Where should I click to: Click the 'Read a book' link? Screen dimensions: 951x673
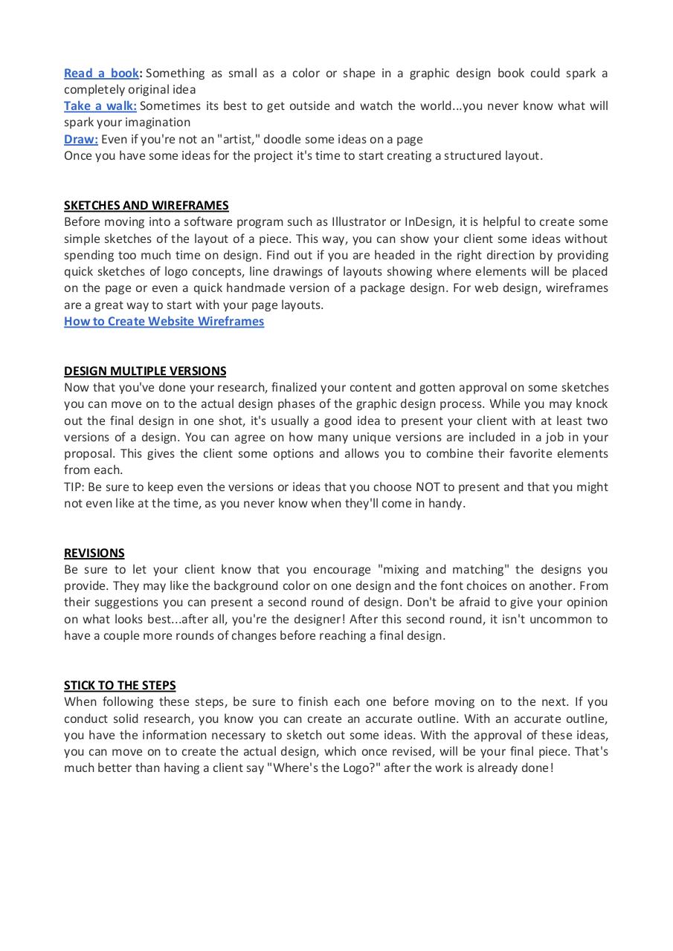coord(101,73)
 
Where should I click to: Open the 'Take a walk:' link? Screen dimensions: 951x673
coord(100,106)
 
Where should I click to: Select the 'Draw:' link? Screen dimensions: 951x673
coord(80,139)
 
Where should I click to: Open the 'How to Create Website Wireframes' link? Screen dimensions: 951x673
coord(164,321)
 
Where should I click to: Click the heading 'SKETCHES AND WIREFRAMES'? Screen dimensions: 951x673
coord(146,205)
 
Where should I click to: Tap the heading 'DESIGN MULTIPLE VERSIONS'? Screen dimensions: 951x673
coord(145,371)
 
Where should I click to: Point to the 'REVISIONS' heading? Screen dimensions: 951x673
coord(94,553)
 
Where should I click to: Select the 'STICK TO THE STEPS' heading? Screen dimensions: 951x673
coord(120,685)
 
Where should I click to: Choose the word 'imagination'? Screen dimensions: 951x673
coord(158,122)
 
